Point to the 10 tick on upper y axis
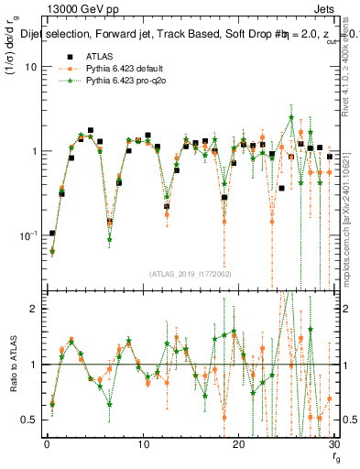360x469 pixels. pyautogui.click(x=30, y=67)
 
